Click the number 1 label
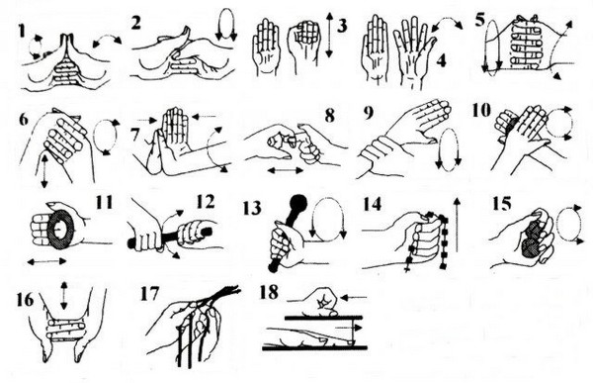point(22,31)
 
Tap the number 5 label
point(480,20)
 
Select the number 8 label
point(330,116)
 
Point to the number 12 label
point(206,201)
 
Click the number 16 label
point(25,300)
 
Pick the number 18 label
point(269,293)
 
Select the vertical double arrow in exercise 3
point(329,35)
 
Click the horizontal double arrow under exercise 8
point(286,171)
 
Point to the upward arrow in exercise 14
point(457,225)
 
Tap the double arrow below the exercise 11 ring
point(46,261)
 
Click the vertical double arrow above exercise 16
point(64,296)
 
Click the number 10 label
point(481,110)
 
